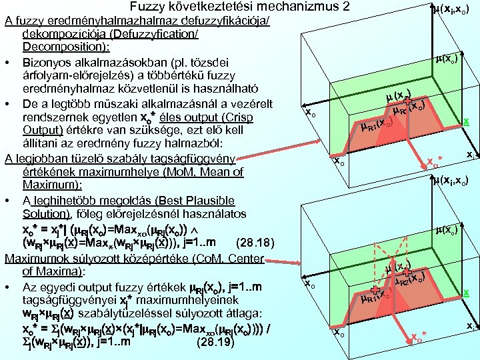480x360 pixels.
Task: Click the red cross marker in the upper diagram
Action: click(407, 101)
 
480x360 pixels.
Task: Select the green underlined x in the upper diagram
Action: click(466, 121)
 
